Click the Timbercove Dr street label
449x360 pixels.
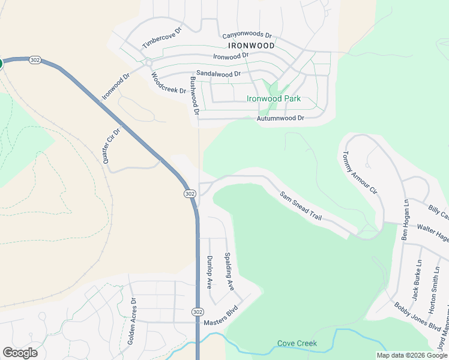click(x=161, y=37)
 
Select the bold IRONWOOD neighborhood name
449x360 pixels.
click(x=251, y=46)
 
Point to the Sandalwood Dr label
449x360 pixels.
click(x=218, y=74)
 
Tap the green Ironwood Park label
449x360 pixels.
click(x=273, y=99)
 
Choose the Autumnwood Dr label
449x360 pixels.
click(x=280, y=118)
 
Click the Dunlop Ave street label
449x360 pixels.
click(x=209, y=272)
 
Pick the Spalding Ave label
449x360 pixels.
click(x=228, y=271)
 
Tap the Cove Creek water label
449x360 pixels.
click(x=297, y=344)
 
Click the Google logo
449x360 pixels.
click(x=20, y=353)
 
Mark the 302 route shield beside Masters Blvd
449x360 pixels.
click(x=197, y=312)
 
